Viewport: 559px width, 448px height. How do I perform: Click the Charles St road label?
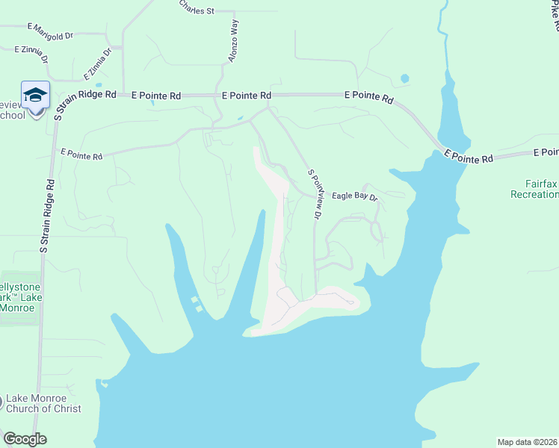197,8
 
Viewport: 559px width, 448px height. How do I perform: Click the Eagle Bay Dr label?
355,196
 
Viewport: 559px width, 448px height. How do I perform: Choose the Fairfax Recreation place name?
534,188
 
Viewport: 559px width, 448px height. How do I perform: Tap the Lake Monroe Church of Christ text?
43,403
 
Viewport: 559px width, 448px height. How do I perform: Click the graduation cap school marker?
35,95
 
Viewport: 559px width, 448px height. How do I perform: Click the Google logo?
25,439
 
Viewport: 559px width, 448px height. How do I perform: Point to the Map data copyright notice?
528,441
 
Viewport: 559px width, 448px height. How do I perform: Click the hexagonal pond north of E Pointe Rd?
404,78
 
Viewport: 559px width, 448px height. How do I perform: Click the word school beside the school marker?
13,115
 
